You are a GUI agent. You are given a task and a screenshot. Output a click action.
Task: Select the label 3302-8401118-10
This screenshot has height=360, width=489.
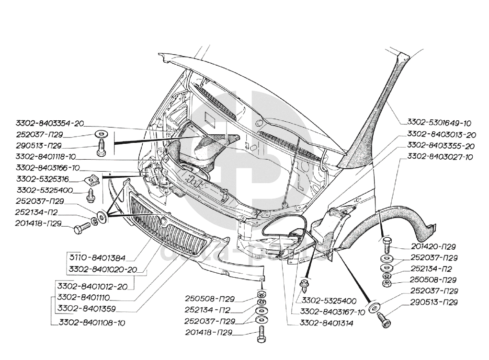pos(46,157)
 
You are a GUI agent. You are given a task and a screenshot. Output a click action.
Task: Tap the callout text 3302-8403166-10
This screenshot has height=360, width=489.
pos(47,168)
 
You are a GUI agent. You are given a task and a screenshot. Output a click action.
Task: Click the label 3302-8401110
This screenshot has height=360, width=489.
pos(84,297)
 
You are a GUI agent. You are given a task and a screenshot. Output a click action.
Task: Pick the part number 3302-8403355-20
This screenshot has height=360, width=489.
pos(441,145)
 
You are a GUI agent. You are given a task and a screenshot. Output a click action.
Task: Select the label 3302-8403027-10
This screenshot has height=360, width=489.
pos(440,157)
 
